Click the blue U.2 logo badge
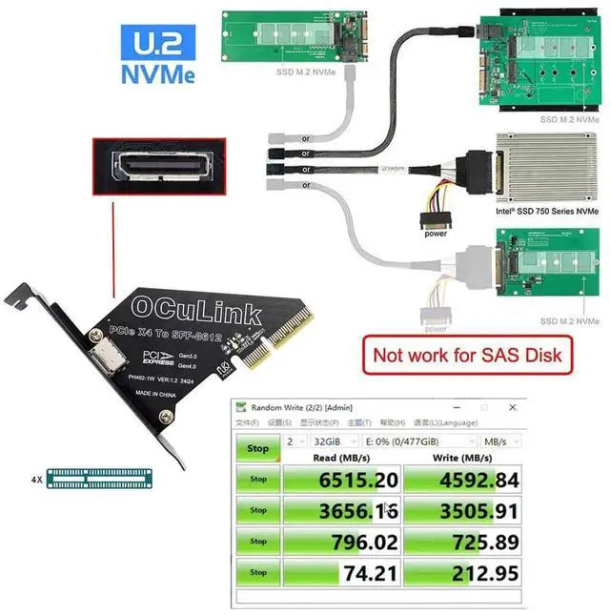click(x=158, y=42)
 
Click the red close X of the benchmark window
click(x=512, y=407)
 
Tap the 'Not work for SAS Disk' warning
click(x=467, y=356)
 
